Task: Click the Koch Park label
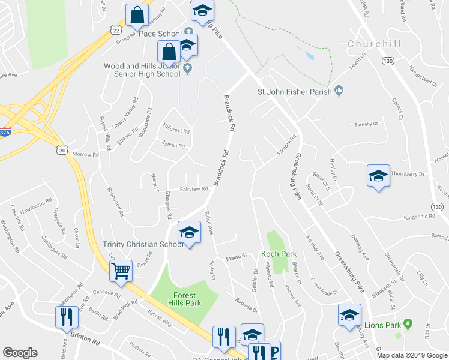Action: click(279, 254)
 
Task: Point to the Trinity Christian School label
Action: click(143, 244)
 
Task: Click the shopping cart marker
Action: click(121, 272)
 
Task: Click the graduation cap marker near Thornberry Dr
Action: click(378, 176)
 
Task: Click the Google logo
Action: click(20, 353)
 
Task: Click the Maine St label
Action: click(237, 257)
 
